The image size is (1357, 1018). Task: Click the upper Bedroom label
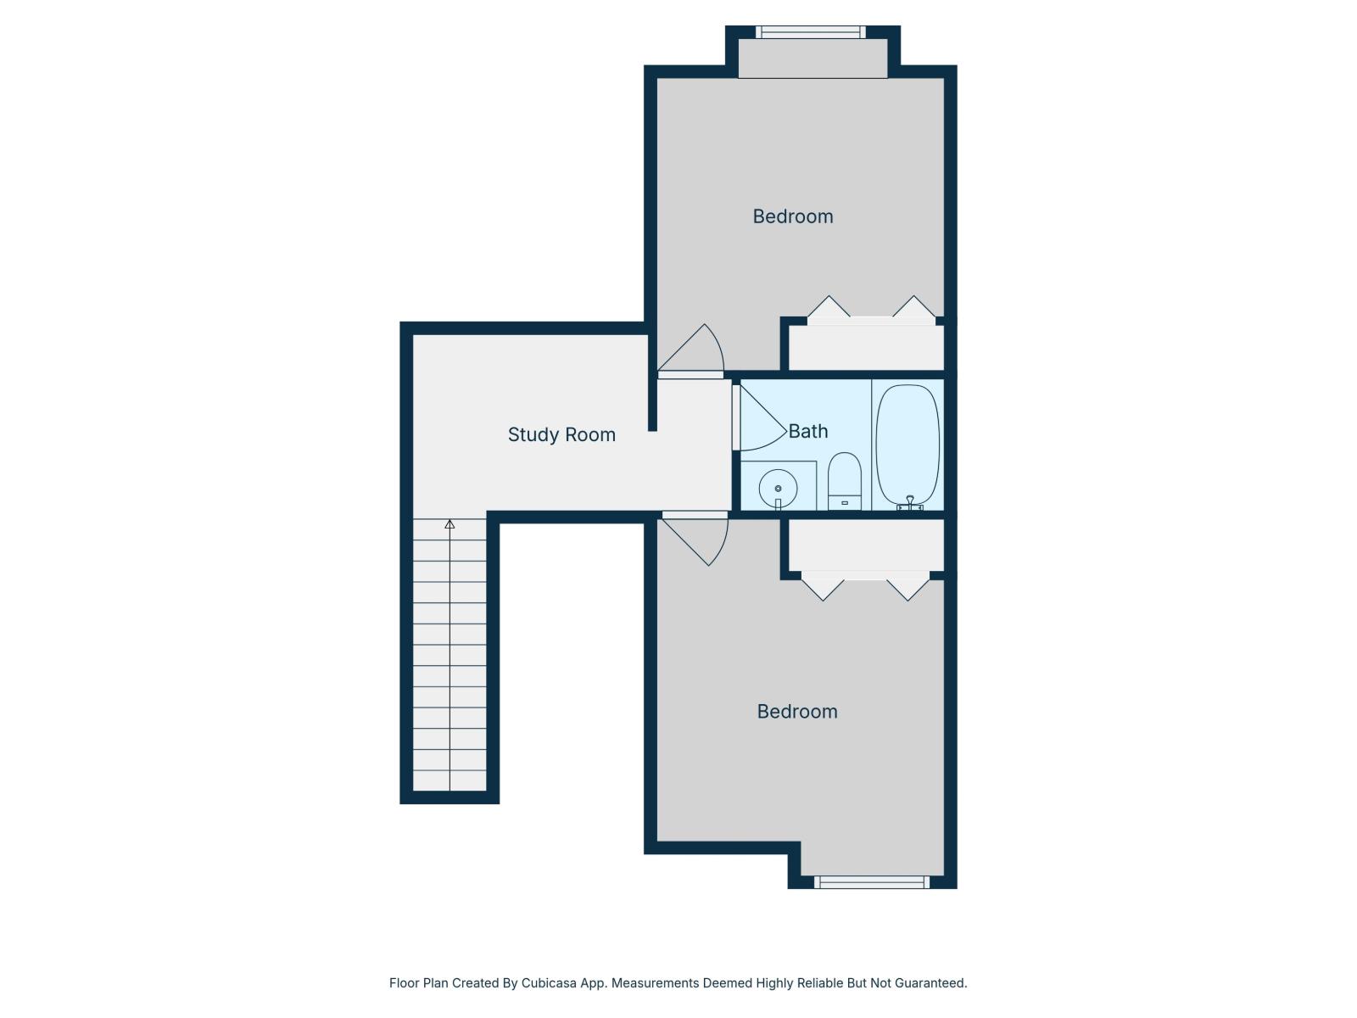pyautogui.click(x=793, y=216)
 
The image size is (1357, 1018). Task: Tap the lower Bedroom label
pyautogui.click(x=797, y=712)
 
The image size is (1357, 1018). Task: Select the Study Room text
pyautogui.click(x=561, y=434)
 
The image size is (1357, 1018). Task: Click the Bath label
pyautogui.click(x=808, y=431)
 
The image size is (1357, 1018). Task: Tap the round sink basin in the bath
pyautogui.click(x=778, y=489)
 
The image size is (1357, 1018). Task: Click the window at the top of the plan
pyautogui.click(x=811, y=32)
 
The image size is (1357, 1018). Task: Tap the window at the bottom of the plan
pyautogui.click(x=872, y=882)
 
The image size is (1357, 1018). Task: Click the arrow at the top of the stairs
pyautogui.click(x=450, y=525)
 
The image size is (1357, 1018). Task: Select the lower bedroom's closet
pyautogui.click(x=866, y=545)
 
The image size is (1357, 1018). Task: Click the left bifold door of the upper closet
pyautogui.click(x=829, y=308)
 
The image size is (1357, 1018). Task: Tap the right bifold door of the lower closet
pyautogui.click(x=908, y=588)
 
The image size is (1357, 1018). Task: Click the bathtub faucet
pyautogui.click(x=910, y=504)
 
